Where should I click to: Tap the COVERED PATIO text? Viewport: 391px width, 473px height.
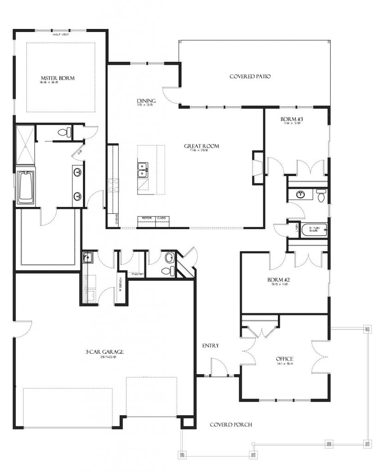[250, 77]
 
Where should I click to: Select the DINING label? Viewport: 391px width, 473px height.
[146, 101]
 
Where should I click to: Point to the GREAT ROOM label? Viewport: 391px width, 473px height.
[201, 146]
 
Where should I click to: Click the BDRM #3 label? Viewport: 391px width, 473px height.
[291, 120]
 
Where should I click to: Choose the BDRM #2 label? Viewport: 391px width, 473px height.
[278, 280]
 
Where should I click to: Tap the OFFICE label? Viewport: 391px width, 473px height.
[284, 359]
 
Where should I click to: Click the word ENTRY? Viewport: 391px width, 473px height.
[211, 346]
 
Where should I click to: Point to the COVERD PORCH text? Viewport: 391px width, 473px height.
[231, 425]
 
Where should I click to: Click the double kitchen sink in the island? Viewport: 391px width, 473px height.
[143, 170]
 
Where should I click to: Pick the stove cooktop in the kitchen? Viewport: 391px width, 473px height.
[114, 185]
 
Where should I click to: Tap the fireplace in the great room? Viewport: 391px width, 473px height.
[257, 167]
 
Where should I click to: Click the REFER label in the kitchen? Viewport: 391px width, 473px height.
[147, 218]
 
